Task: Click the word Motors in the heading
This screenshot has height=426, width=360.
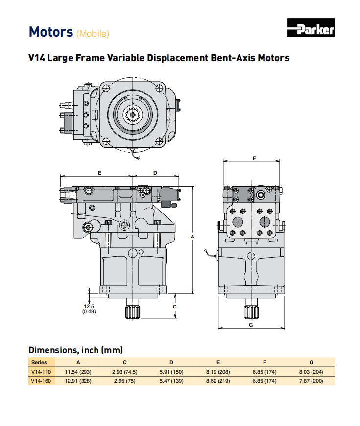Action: tap(51, 32)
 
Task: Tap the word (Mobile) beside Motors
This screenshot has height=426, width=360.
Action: tap(93, 34)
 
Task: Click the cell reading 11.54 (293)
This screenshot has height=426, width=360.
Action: tap(78, 372)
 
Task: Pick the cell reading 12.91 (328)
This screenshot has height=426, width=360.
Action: tap(78, 380)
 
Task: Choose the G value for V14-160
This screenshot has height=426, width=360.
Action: tap(311, 380)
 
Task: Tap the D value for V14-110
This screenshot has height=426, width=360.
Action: tap(171, 372)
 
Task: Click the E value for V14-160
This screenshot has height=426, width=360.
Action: tap(218, 380)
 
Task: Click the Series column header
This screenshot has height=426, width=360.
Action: tap(39, 363)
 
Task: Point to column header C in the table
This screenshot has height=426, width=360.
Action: tap(125, 363)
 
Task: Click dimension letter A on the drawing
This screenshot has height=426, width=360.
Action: tap(192, 237)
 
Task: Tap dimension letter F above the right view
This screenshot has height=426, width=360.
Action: tap(254, 158)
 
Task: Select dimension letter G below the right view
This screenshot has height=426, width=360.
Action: tap(250, 325)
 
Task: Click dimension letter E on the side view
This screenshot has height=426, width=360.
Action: tap(99, 173)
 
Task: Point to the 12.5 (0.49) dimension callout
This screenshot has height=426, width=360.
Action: tap(89, 308)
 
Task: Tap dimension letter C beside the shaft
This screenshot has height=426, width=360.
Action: tap(175, 306)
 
